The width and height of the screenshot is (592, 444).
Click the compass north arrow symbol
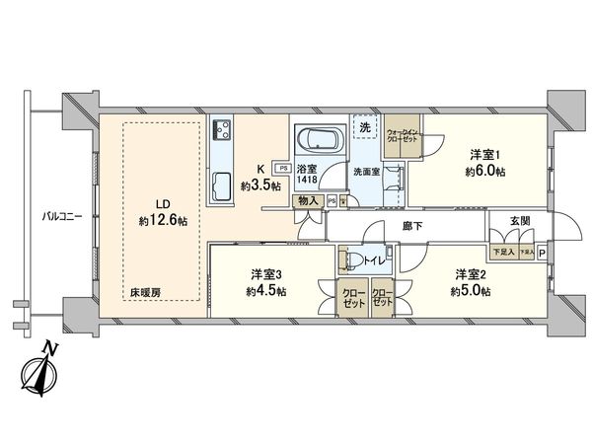(39, 377)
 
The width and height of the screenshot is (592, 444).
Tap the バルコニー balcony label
(61, 214)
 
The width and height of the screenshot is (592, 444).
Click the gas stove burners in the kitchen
(220, 130)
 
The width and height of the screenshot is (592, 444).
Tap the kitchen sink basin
(221, 183)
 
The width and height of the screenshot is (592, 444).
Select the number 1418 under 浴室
(310, 183)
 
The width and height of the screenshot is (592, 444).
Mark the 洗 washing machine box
(365, 129)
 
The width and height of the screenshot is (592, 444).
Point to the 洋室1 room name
(483, 153)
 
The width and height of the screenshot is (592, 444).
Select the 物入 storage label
(308, 201)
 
